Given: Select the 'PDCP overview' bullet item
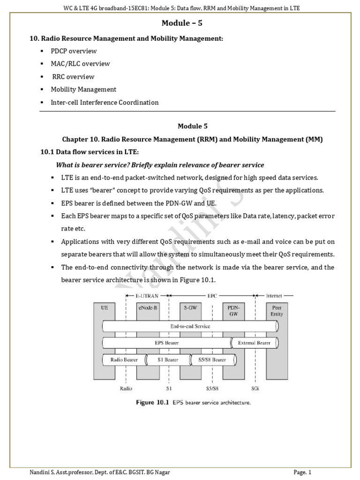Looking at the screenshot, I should tap(74, 51).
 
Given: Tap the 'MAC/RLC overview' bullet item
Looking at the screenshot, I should tap(80, 63).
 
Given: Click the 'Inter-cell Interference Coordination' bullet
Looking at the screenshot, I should tap(105, 102).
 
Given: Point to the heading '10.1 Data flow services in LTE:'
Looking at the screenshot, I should tap(89, 152).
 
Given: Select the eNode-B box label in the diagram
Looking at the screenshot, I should tap(147, 308).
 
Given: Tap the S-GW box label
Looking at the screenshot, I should tap(190, 308).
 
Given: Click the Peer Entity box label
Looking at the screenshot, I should tap(277, 311).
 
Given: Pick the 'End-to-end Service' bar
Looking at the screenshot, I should tap(189, 326).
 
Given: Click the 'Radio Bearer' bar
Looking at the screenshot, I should tap(124, 360).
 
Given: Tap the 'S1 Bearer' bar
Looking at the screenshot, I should tap(168, 360).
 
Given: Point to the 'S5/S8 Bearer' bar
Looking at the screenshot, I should tap(212, 360).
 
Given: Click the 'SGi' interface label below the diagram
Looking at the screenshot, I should tap(255, 388).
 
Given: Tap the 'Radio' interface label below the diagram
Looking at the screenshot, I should tap(126, 388).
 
